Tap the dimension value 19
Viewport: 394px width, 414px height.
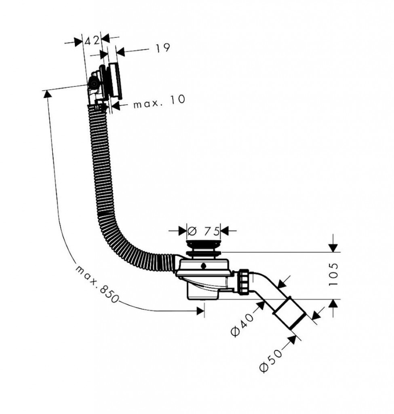[x=162, y=49]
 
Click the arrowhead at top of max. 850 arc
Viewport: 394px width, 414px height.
[x=47, y=94]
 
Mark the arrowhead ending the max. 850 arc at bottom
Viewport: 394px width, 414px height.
[x=200, y=310]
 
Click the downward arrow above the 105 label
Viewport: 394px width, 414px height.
[x=333, y=247]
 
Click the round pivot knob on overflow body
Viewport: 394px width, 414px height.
[x=93, y=84]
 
